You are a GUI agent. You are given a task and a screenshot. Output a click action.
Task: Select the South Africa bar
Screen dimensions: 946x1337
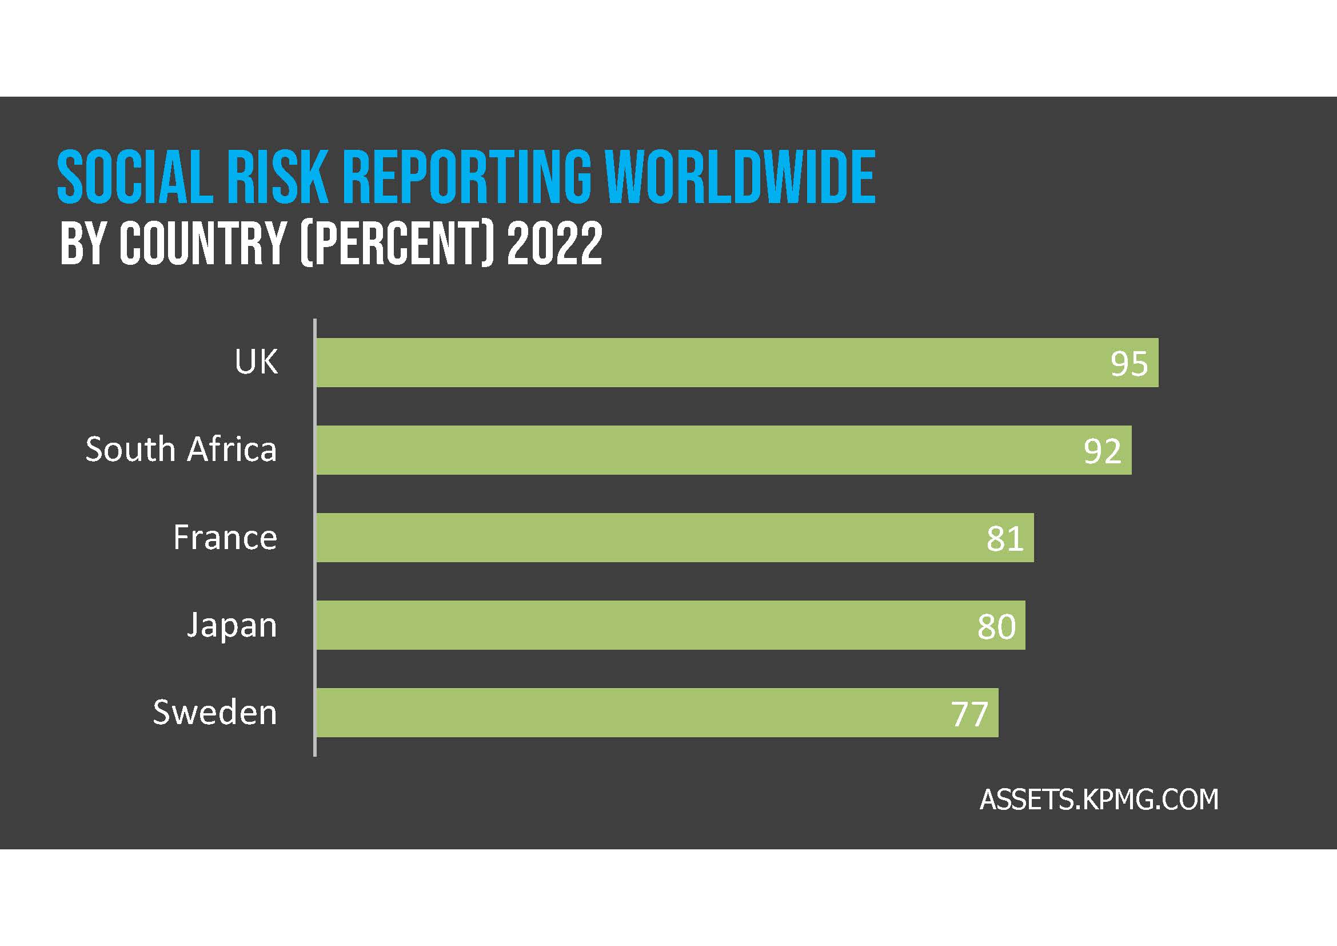coord(723,450)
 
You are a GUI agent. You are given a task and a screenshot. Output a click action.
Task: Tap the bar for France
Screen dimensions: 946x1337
coord(675,537)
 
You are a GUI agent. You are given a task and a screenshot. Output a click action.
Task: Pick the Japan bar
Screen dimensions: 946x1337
coord(670,625)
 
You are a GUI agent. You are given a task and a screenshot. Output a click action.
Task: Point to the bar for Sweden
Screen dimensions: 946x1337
coord(657,713)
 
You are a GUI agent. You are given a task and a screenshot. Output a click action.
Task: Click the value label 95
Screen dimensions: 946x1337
coord(1128,364)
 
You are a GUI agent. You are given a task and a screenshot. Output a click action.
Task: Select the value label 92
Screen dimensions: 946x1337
coord(1101,451)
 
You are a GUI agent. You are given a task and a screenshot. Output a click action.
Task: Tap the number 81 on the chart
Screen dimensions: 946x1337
coord(1004,539)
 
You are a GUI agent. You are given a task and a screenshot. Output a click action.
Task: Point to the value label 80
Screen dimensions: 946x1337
coord(996,627)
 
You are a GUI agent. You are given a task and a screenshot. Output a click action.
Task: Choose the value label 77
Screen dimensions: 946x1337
coord(969,714)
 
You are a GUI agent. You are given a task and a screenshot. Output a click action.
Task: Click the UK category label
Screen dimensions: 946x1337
coord(256,361)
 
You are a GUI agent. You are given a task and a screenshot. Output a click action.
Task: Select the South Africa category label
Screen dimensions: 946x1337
coord(181,449)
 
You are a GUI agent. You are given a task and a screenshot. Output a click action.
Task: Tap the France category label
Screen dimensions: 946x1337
coord(225,537)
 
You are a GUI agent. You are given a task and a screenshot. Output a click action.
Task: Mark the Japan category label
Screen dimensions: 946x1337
coord(232,626)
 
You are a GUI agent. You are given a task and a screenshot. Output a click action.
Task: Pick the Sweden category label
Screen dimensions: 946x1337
coord(214,713)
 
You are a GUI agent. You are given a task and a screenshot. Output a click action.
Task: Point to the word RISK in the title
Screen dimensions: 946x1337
coord(277,177)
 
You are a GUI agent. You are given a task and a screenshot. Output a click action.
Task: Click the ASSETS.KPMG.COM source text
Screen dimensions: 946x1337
coord(1099,799)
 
